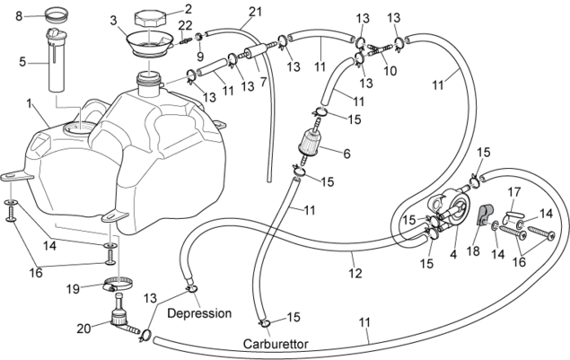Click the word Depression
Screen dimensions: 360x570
tap(199, 313)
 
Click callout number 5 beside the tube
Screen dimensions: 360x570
tap(22, 63)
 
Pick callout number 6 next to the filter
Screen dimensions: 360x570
tap(346, 154)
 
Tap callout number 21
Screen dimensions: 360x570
tap(256, 11)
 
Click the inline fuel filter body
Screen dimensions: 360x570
tap(313, 143)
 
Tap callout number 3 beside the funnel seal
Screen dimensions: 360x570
tap(113, 20)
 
